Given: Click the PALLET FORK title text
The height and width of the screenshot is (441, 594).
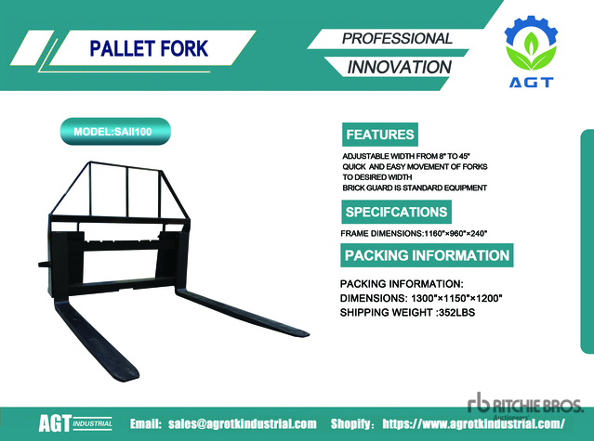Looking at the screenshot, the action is pyautogui.click(x=149, y=48).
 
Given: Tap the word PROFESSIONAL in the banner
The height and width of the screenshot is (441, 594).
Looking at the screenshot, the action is pyautogui.click(x=397, y=39).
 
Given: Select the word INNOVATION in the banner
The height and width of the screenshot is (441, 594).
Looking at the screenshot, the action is pyautogui.click(x=400, y=67).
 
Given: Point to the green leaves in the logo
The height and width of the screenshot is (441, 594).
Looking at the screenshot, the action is pyautogui.click(x=531, y=53).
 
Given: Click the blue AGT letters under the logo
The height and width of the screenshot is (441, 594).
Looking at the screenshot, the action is pyautogui.click(x=531, y=82).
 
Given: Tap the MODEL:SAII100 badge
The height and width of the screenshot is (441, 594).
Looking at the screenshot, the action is pyautogui.click(x=115, y=132).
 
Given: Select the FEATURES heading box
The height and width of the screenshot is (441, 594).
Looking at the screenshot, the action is pyautogui.click(x=380, y=135).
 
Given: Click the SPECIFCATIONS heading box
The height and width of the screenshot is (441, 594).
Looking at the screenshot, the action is pyautogui.click(x=396, y=212).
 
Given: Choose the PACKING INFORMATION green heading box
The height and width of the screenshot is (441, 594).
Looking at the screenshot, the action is pyautogui.click(x=427, y=255).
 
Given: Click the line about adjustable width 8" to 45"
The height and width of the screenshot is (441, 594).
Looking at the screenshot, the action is pyautogui.click(x=406, y=156).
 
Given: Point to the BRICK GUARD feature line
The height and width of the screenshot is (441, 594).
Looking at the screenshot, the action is pyautogui.click(x=415, y=188).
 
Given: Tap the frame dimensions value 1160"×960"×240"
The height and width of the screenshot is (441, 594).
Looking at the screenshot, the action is pyautogui.click(x=455, y=233).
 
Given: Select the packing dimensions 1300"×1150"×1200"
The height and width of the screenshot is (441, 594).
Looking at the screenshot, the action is pyautogui.click(x=456, y=298).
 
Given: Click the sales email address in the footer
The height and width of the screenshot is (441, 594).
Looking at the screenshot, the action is pyautogui.click(x=243, y=423).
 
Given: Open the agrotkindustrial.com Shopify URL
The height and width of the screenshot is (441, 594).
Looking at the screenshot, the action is pyautogui.click(x=473, y=423).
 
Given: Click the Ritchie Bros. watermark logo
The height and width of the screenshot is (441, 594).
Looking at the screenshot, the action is pyautogui.click(x=525, y=404).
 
